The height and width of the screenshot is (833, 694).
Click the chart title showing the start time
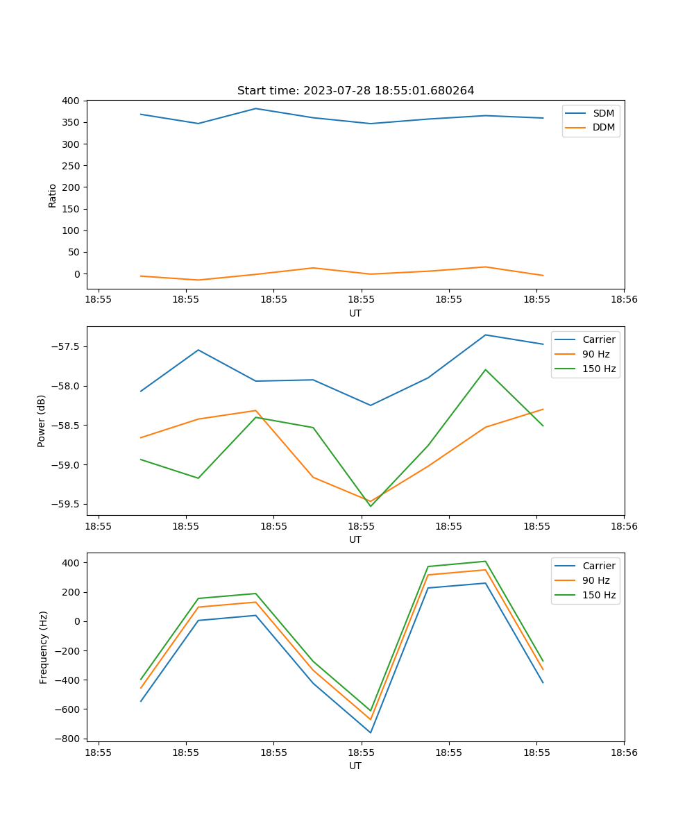(355, 91)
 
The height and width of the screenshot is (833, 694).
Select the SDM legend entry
(603, 113)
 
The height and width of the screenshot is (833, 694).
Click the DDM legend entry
(603, 127)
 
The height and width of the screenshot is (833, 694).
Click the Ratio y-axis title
(53, 195)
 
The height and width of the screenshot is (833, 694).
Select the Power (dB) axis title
(42, 421)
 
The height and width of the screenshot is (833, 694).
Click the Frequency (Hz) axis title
(44, 647)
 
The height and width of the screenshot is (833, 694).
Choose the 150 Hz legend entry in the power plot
(599, 369)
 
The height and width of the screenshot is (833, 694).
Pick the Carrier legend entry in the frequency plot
(598, 566)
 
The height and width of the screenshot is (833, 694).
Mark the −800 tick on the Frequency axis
(67, 739)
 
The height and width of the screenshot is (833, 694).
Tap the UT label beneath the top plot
(355, 313)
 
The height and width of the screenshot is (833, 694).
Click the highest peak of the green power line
(485, 369)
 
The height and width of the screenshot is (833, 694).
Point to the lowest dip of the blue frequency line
(371, 732)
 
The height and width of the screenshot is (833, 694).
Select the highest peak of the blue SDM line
(255, 108)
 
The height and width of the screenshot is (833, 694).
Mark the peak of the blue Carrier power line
(485, 335)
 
